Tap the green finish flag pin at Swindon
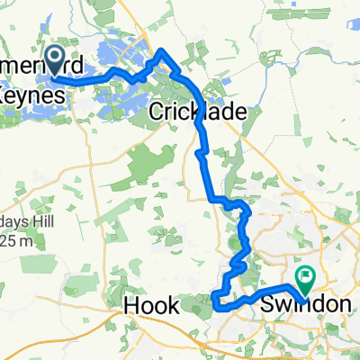[303, 278]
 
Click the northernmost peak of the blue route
[160, 51]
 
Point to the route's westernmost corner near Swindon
[216, 298]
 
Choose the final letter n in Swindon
[346, 305]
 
